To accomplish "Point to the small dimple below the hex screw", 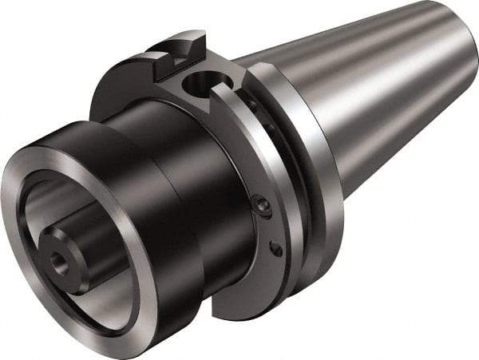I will (x=276, y=249).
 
